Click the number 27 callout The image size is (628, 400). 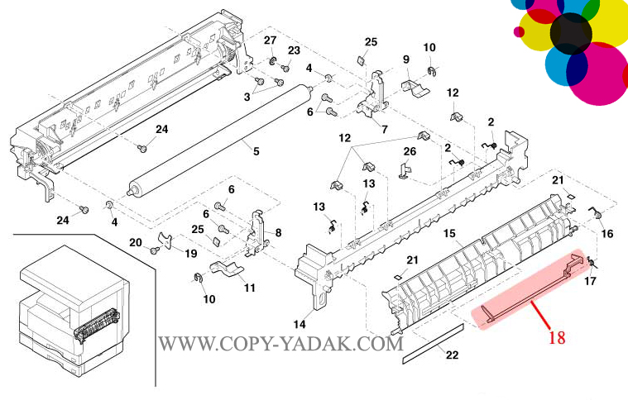coord(270,40)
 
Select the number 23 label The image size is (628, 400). coord(293,50)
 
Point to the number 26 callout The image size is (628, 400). coord(410,151)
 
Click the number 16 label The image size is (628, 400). coord(606,234)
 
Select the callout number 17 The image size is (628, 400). coord(590,282)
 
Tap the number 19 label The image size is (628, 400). coord(190,254)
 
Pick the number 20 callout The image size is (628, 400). coord(136,242)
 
